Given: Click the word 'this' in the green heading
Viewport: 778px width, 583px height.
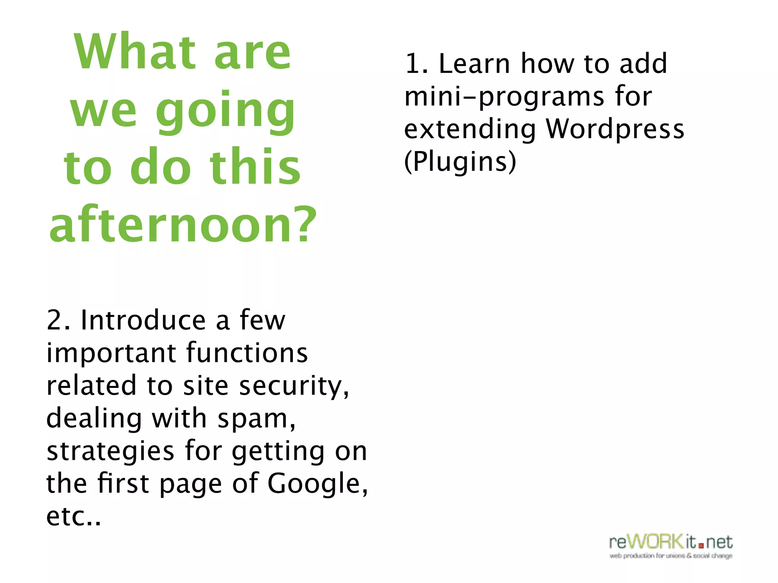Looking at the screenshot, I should click(x=255, y=167).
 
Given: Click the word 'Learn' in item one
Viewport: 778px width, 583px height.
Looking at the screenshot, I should click(x=474, y=63).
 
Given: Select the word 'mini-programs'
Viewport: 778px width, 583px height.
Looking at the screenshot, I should click(x=504, y=97).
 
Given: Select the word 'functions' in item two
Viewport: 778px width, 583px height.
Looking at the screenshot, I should click(x=247, y=353).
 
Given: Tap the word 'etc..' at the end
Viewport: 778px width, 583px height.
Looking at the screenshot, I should click(x=74, y=517).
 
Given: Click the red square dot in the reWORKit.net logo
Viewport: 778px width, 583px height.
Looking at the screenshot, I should click(x=701, y=546).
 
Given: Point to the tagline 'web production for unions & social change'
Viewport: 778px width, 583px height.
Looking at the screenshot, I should click(x=671, y=556).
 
